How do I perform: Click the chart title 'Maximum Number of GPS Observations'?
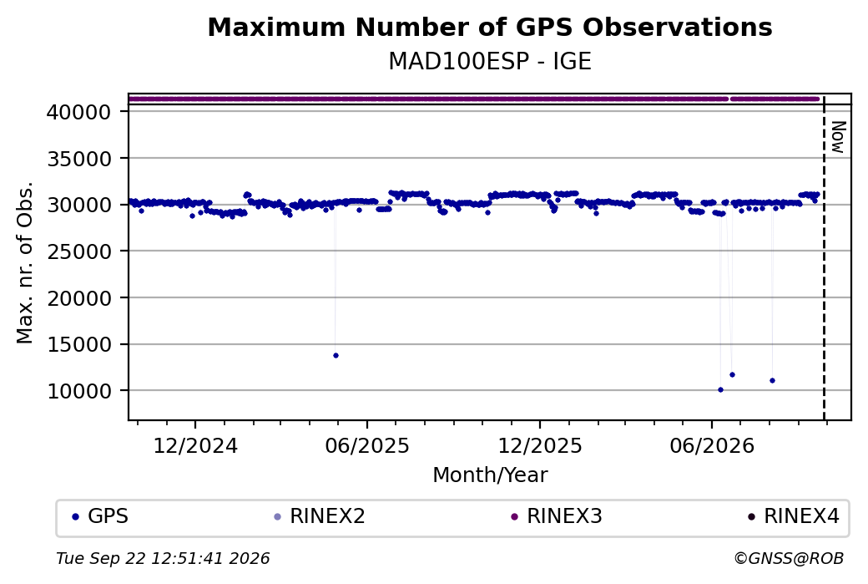(490, 27)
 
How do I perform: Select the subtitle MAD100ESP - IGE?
(490, 61)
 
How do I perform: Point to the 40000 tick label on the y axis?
(79, 113)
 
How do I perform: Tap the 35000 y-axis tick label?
(79, 159)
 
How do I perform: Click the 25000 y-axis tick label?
(79, 252)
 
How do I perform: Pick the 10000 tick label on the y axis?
(79, 392)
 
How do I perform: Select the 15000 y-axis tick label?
(79, 345)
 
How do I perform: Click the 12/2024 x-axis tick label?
(194, 446)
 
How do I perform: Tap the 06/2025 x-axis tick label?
(367, 446)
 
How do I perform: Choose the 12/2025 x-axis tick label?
(540, 446)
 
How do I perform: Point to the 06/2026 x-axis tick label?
(712, 446)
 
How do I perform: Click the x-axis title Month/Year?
(490, 475)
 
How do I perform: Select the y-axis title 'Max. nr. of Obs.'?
(25, 262)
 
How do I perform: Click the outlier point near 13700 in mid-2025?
(336, 356)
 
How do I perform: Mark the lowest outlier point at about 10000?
(720, 390)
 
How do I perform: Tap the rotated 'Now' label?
(839, 137)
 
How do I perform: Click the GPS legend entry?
(100, 516)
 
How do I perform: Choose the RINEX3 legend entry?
(557, 516)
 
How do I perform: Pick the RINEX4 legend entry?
(794, 516)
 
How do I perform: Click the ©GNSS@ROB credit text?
(789, 558)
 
